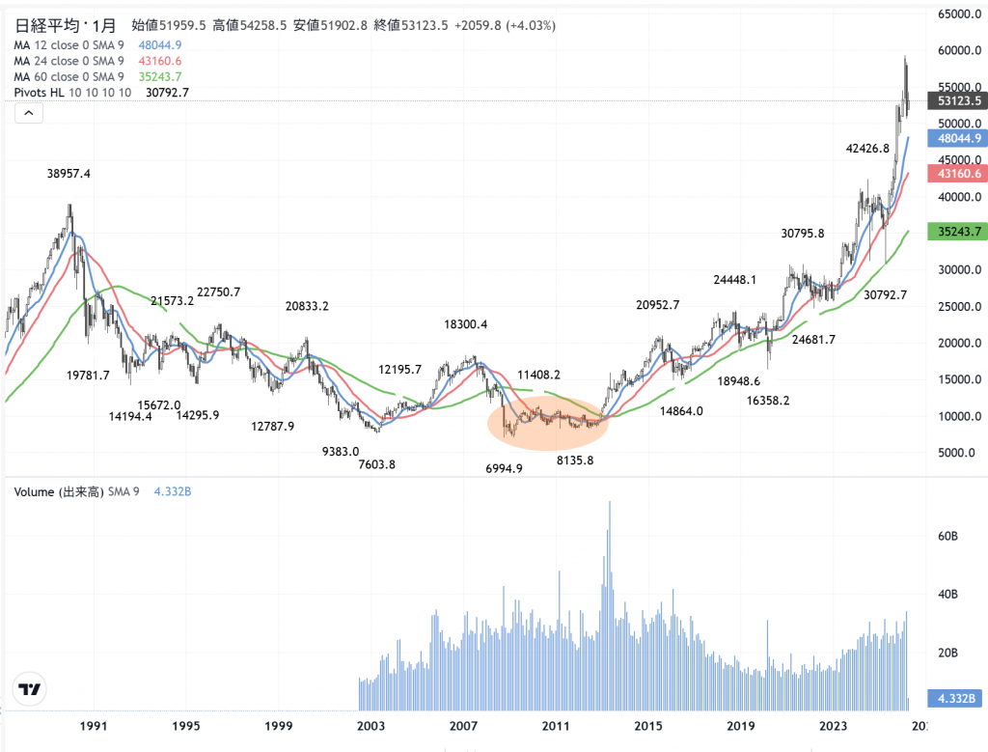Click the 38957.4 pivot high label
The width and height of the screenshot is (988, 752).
tap(75, 174)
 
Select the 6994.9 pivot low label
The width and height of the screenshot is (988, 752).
tap(505, 468)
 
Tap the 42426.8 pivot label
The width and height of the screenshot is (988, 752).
tap(866, 149)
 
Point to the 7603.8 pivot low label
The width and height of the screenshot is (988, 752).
tap(376, 464)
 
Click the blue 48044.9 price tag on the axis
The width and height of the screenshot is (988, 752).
tap(955, 139)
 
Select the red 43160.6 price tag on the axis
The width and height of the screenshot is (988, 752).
tap(955, 173)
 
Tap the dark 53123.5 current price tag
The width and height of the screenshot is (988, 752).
tap(955, 100)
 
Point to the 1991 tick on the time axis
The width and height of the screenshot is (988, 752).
tap(94, 725)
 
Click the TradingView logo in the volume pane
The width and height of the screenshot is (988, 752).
tap(30, 689)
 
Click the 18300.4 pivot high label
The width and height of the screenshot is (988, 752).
tap(466, 325)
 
